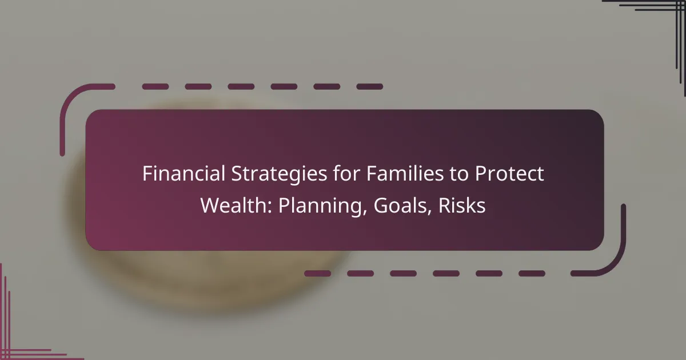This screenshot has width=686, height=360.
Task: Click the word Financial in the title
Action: click(x=184, y=173)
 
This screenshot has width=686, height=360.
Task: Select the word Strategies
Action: click(x=280, y=174)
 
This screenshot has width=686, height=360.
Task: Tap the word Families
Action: click(x=405, y=173)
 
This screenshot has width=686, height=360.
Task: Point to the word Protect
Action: click(x=509, y=174)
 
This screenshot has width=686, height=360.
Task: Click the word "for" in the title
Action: click(x=347, y=173)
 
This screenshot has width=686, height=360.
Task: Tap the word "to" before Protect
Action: click(x=459, y=174)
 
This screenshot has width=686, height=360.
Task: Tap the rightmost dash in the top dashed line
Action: click(x=370, y=87)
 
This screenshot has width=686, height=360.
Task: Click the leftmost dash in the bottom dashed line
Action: click(x=318, y=273)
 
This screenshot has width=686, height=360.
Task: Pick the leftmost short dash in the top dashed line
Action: click(x=155, y=87)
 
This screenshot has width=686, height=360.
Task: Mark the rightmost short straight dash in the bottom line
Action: click(x=532, y=273)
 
